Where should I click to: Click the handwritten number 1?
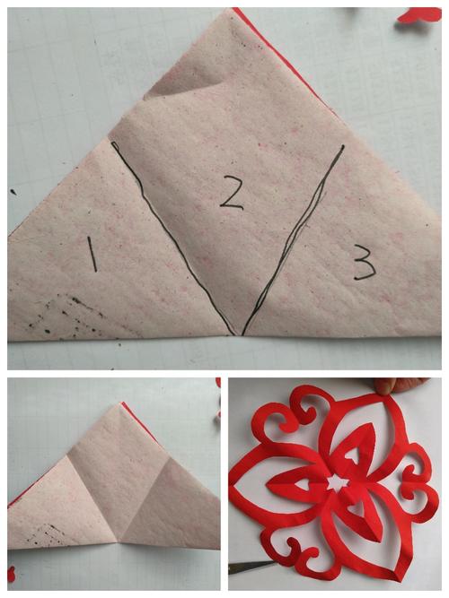[x=92, y=254]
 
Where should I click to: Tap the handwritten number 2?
[x=232, y=193]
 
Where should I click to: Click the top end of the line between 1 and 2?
[x=113, y=143]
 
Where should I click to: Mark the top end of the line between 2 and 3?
[x=342, y=146]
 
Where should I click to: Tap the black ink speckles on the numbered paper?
[x=65, y=316]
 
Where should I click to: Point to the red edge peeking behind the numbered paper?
[x=283, y=54]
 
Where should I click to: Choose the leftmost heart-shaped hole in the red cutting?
[x=303, y=485]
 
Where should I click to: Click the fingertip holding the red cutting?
[x=386, y=386]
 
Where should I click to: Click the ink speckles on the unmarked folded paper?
[x=48, y=534]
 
